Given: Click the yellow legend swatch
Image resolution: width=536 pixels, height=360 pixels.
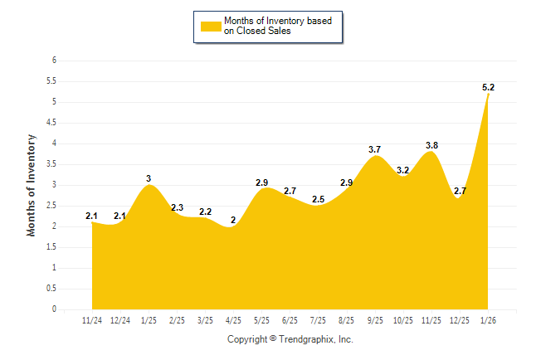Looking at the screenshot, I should [211, 26].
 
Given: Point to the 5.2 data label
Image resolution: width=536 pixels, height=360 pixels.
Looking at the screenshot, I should [490, 86].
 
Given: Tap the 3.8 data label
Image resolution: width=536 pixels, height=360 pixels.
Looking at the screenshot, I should [431, 145].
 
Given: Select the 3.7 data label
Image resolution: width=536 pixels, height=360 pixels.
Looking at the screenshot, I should [375, 149].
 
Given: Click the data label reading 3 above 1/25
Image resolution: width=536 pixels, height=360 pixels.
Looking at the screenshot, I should [149, 178].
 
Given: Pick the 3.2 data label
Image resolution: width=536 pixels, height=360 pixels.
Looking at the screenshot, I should [403, 170].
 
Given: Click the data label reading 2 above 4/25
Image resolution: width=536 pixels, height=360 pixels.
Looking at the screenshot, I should [233, 220].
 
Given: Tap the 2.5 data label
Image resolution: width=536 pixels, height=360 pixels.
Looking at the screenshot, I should [318, 199].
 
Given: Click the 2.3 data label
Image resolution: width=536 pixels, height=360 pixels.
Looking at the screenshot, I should [178, 207].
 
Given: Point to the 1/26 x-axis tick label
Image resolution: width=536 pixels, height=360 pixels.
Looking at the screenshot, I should [488, 320].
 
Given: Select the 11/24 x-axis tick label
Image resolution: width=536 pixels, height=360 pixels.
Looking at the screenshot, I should [92, 320].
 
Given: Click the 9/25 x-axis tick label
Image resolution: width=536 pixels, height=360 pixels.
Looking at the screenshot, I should [375, 320].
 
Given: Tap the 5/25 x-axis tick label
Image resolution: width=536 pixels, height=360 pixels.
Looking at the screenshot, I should [261, 320].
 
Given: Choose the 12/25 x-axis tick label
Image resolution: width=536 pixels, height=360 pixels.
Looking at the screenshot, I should [460, 320].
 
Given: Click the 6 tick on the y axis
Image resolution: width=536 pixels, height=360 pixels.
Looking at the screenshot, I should [54, 61].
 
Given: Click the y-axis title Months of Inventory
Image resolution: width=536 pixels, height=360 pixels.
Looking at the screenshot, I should [32, 185].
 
